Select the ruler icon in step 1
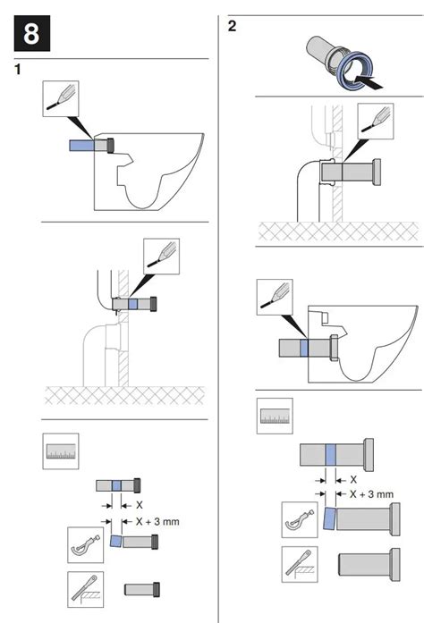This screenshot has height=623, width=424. [x=61, y=450]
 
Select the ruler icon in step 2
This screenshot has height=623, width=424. [x=276, y=416]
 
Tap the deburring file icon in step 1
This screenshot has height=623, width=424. [x=85, y=589]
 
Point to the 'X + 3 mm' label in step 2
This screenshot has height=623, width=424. [x=371, y=493]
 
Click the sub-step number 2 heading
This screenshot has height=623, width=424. [x=233, y=25]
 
